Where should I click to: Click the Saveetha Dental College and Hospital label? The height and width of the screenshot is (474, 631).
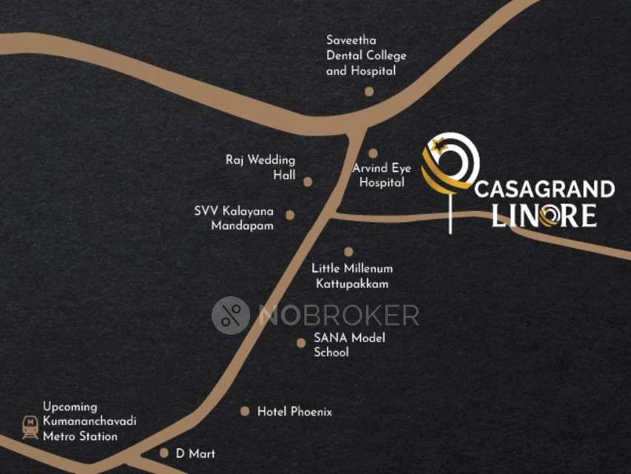click(366, 56)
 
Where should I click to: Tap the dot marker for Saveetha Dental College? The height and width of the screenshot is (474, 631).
click(369, 92)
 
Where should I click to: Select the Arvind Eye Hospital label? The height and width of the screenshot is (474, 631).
click(382, 175)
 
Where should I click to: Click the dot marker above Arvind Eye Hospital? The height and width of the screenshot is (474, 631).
click(374, 153)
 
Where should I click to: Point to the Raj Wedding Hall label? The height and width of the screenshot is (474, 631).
click(260, 167)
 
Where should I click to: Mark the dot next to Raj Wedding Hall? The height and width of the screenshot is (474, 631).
click(308, 181)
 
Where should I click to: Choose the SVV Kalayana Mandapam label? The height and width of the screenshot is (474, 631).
click(234, 218)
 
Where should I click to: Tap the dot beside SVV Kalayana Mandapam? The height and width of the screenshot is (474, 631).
click(290, 216)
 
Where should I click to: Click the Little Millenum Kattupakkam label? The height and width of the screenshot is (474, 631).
click(352, 276)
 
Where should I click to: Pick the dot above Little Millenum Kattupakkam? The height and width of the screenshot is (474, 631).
click(348, 252)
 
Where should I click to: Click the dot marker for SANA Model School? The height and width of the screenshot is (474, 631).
click(300, 343)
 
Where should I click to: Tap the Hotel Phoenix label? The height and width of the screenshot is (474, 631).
click(294, 411)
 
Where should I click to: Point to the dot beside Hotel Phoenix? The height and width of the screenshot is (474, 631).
click(245, 411)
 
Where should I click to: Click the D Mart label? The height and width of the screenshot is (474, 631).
click(195, 453)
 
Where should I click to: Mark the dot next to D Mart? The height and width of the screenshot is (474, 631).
click(164, 453)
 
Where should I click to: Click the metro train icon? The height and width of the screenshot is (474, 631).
click(30, 427)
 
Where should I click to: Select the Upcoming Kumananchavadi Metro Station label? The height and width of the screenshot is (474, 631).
click(89, 421)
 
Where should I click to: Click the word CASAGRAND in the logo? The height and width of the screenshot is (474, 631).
click(544, 189)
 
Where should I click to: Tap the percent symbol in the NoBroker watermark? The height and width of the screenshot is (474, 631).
click(230, 315)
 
